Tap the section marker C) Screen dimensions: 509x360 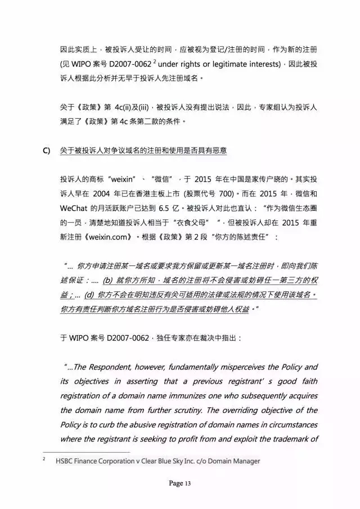[x=47, y=151]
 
